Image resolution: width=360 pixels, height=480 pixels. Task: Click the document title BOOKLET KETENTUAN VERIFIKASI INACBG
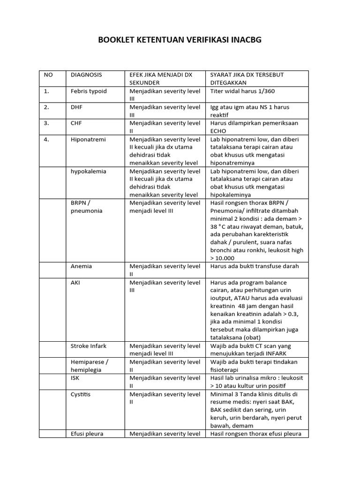[x=180, y=40]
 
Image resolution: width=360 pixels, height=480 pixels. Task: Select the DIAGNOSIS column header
[x=86, y=75]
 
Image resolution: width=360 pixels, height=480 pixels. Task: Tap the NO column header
[x=48, y=75]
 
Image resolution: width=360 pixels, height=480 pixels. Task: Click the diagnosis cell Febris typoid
[x=89, y=91]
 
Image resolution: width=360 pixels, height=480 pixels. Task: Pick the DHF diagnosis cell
[x=77, y=107]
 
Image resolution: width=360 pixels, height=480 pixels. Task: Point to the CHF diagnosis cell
[x=77, y=123]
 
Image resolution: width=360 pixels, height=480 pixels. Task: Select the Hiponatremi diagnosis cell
[x=88, y=139]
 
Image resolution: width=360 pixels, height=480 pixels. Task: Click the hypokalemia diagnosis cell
[x=89, y=171]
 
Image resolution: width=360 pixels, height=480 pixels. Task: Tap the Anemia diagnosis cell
[x=81, y=266]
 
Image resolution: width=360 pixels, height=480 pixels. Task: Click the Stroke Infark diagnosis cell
[x=89, y=346]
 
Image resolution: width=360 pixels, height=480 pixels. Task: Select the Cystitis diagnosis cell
[x=81, y=394]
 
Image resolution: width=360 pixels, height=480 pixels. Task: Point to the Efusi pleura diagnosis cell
[x=87, y=434]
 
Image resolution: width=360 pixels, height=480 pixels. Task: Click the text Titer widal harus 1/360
[x=245, y=91]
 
